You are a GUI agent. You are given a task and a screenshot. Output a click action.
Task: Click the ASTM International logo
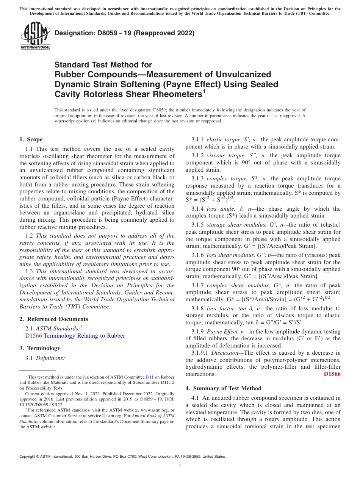click(x=35, y=36)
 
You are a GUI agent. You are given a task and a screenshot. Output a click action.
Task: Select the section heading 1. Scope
click(x=31, y=139)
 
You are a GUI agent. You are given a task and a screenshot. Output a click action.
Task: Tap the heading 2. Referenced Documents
click(x=54, y=319)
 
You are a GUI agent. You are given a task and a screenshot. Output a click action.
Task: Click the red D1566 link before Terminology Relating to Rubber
click(x=33, y=336)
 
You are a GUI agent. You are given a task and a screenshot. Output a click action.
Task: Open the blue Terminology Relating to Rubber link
click(x=84, y=336)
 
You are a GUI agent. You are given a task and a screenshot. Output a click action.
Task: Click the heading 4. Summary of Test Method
click(x=224, y=388)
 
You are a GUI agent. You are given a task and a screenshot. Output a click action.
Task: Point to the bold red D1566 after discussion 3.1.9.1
click(x=332, y=374)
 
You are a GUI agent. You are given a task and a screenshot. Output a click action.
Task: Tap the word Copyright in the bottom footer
click(x=28, y=457)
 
